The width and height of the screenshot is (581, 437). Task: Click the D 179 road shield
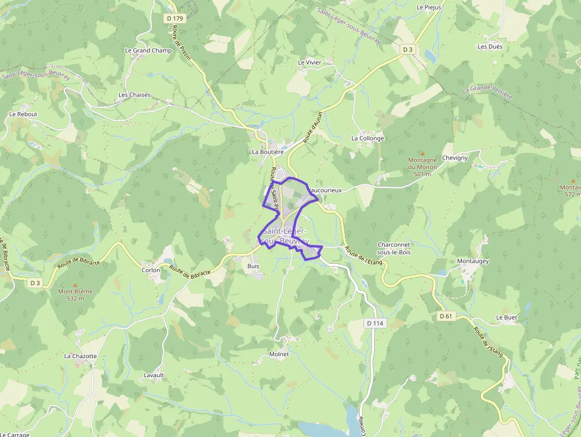(x=175, y=18)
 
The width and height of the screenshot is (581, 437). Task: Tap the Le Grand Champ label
(x=148, y=50)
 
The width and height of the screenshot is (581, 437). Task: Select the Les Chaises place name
(x=135, y=95)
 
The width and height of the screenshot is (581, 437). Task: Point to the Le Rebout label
(x=23, y=114)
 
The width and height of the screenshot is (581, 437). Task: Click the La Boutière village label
(x=268, y=152)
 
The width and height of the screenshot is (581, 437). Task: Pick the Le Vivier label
(x=309, y=62)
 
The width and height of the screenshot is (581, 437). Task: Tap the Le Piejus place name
(x=429, y=8)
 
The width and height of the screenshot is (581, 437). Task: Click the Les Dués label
(x=490, y=46)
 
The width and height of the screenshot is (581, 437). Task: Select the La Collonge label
(x=368, y=138)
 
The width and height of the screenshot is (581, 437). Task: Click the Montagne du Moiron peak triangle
(x=423, y=153)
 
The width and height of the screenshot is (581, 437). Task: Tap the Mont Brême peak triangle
(x=75, y=285)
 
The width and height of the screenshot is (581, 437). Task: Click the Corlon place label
(x=151, y=270)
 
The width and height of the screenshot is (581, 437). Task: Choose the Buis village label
(x=253, y=266)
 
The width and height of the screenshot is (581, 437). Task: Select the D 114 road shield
(x=376, y=323)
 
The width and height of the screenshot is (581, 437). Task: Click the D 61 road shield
(x=446, y=316)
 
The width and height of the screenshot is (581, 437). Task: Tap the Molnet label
(x=279, y=354)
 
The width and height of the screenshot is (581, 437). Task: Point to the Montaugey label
(x=473, y=261)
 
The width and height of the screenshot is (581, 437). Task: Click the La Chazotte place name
(x=80, y=356)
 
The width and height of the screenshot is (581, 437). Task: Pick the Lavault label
(x=154, y=375)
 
